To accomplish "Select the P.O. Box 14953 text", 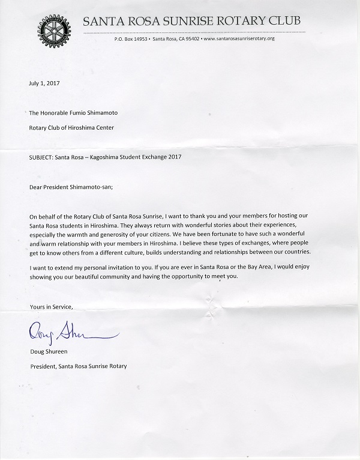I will tap(131, 39).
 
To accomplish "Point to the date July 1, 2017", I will tap(44, 85).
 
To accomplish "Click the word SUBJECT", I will tap(43, 157).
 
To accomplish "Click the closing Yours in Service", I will tap(51, 307).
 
